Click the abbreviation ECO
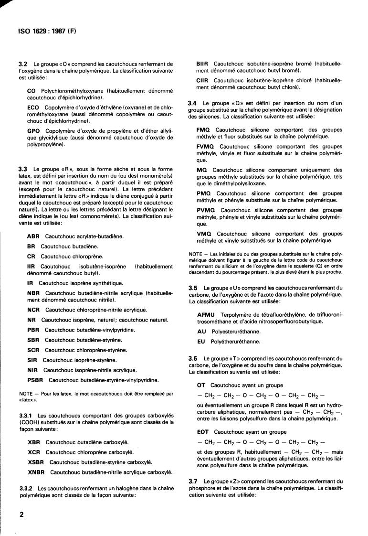[x=33, y=107]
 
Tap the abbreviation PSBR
[x=36, y=380]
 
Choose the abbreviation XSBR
[x=37, y=462]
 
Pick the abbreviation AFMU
[x=207, y=314]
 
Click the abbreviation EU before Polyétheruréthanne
[x=201, y=342]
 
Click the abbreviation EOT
[x=203, y=431]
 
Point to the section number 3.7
[x=193, y=481]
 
